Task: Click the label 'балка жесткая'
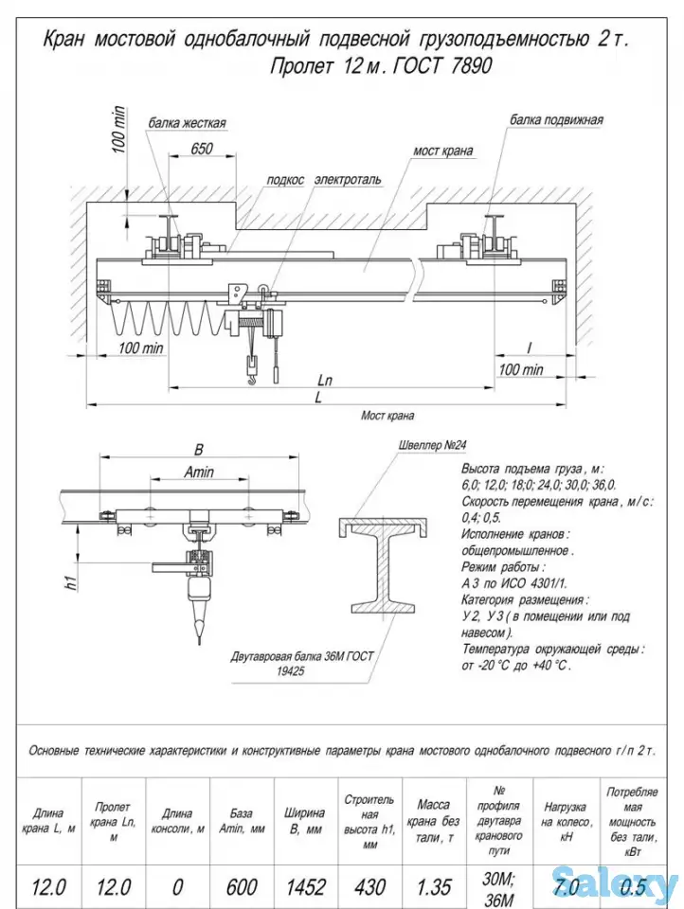click(x=187, y=123)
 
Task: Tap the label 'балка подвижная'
click(x=556, y=120)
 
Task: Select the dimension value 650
click(x=201, y=149)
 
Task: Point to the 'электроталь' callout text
click(x=348, y=179)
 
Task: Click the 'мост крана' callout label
click(x=442, y=151)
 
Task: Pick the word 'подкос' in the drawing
click(x=285, y=179)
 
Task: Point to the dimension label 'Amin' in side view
click(x=199, y=472)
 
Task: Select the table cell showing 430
click(x=369, y=887)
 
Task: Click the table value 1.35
click(x=433, y=887)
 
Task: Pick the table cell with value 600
click(x=242, y=887)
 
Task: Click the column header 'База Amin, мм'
click(x=242, y=820)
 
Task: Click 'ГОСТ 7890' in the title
click(x=446, y=67)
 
